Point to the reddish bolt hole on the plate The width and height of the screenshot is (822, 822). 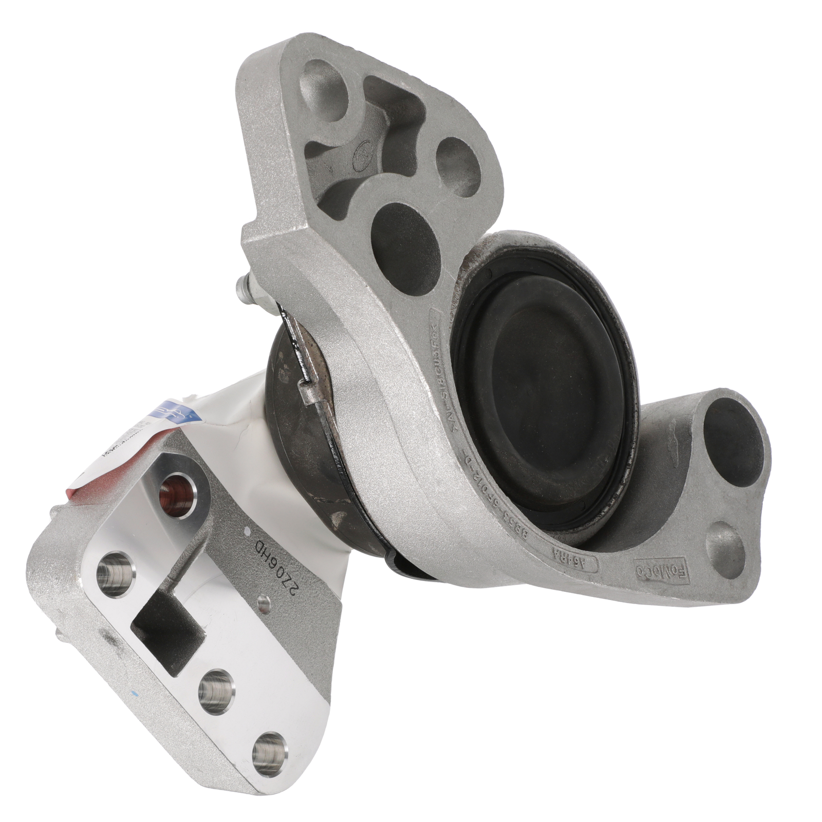(177, 493)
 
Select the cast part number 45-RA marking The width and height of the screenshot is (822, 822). (576, 561)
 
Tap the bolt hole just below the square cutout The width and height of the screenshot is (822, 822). (215, 692)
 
